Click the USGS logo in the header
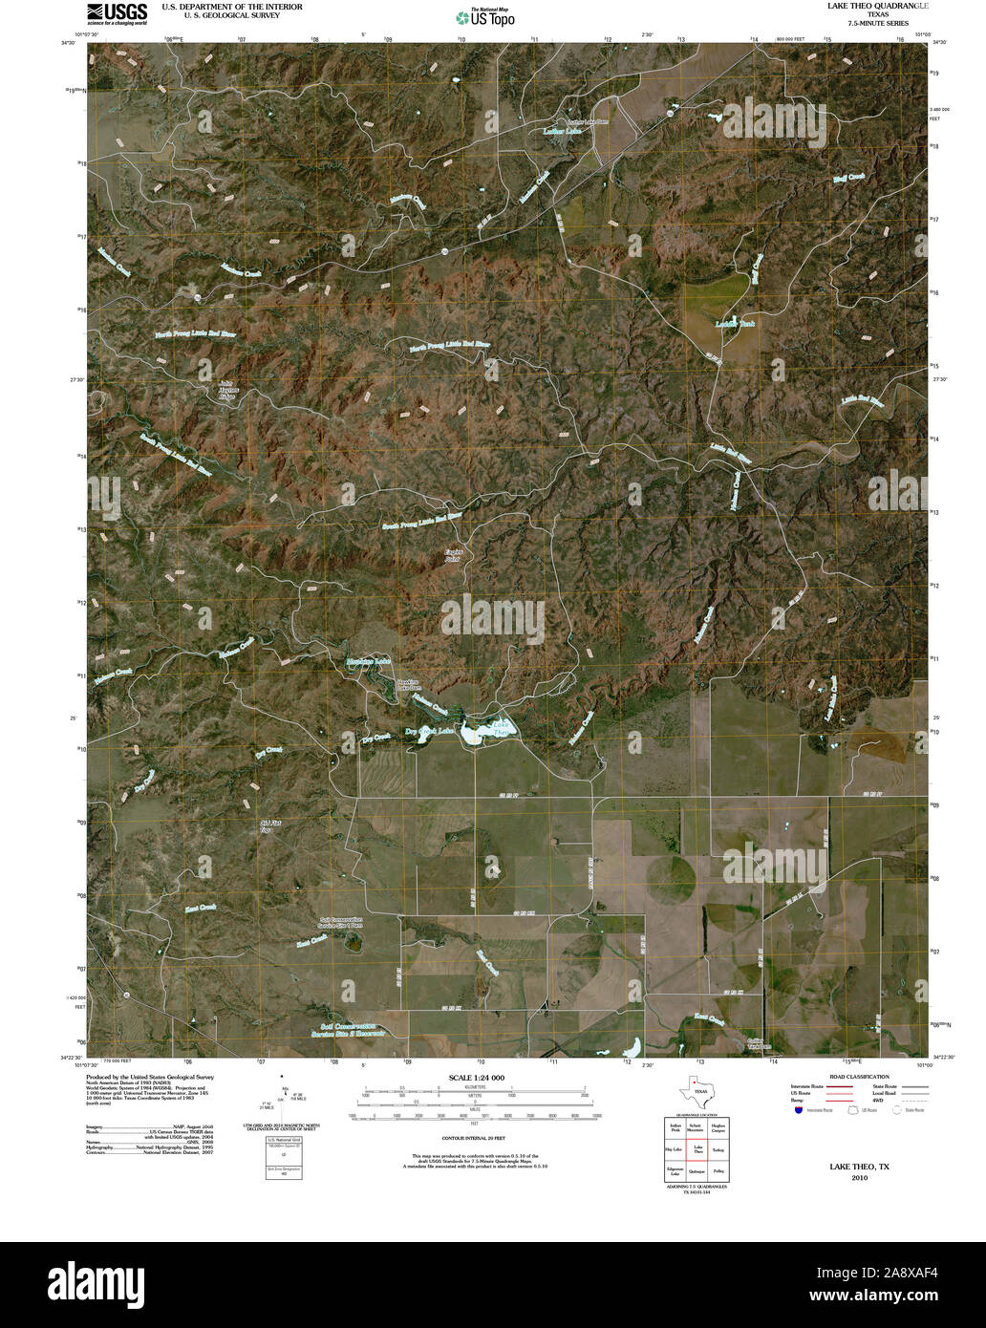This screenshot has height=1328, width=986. click(x=117, y=13)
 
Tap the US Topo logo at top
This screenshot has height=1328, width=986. click(x=485, y=16)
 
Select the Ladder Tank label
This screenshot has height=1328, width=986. click(x=735, y=325)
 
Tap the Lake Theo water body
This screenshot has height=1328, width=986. click(x=485, y=734)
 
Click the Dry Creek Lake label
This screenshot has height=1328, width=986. click(x=431, y=732)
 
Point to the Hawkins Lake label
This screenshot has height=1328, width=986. click(x=368, y=661)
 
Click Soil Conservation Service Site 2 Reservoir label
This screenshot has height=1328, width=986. click(x=345, y=1030)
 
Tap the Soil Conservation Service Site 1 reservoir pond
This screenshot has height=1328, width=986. click(x=351, y=942)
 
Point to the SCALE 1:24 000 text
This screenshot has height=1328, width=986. click(x=476, y=1078)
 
